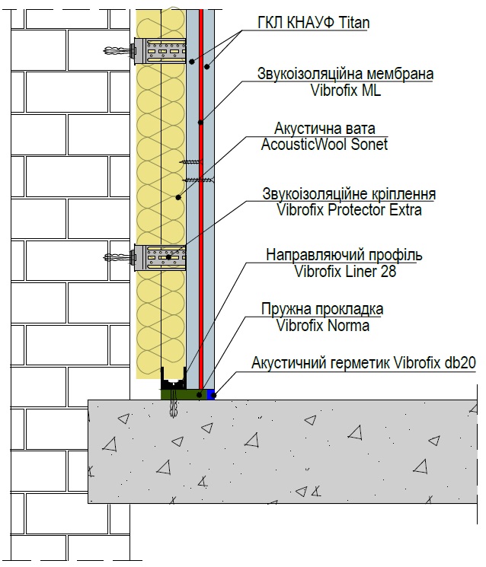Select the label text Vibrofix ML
click(x=346, y=90)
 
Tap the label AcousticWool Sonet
click(x=325, y=145)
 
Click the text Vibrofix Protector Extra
click(x=349, y=210)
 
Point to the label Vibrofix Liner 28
click(x=345, y=271)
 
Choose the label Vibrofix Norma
click(x=323, y=326)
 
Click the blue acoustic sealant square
click(x=211, y=394)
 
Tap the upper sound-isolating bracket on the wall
click(x=159, y=51)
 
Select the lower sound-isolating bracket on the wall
click(x=159, y=258)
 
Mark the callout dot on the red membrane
click(x=200, y=123)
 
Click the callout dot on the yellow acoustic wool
click(x=178, y=197)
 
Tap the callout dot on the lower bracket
click(x=168, y=257)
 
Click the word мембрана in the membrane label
click(x=400, y=74)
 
